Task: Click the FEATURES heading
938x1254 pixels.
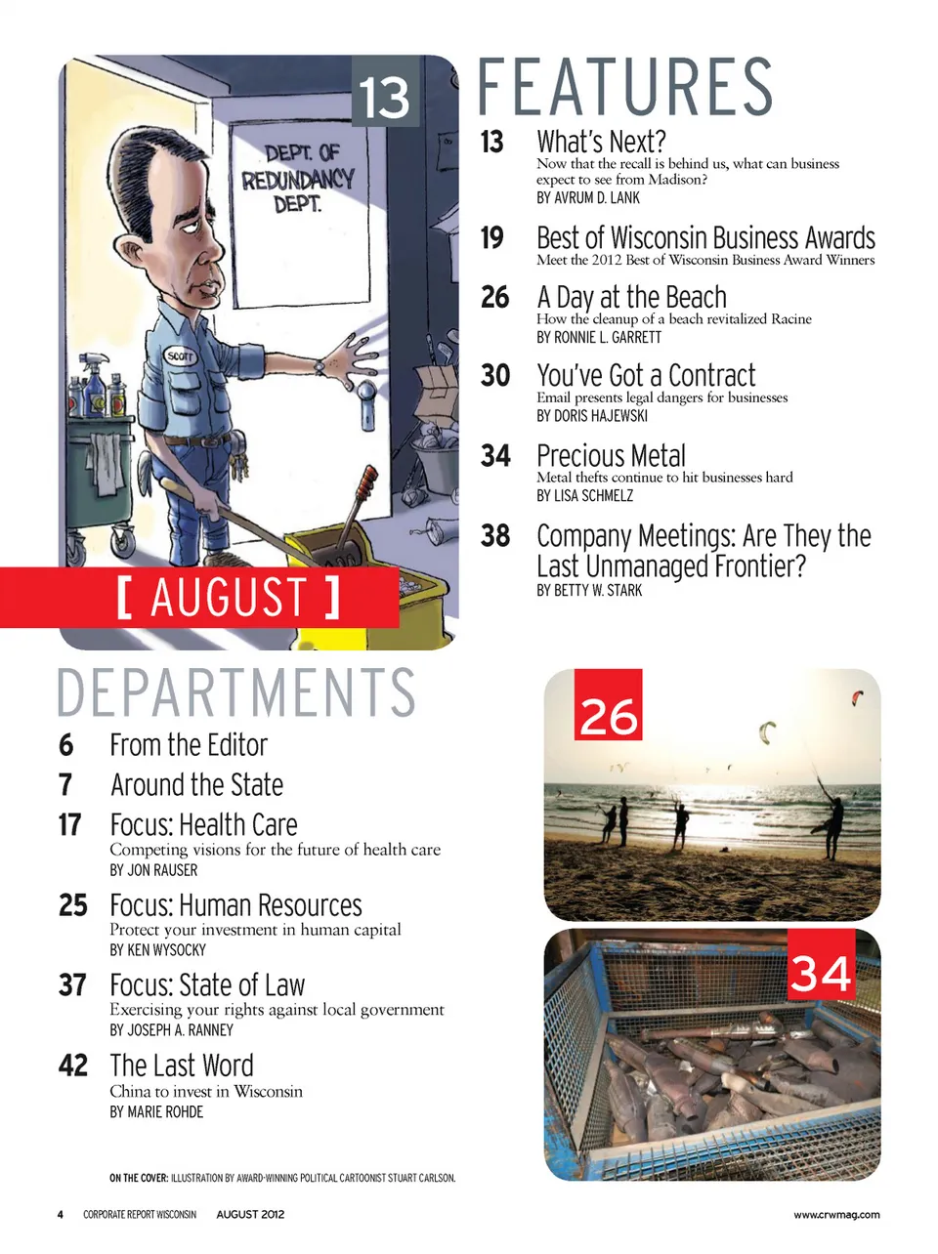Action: (625, 87)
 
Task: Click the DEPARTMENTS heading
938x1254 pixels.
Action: (236, 692)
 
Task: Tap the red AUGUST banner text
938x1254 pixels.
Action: (228, 598)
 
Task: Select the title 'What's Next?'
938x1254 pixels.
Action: (601, 142)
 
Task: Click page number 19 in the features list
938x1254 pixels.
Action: (492, 237)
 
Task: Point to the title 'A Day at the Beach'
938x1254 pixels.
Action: (631, 297)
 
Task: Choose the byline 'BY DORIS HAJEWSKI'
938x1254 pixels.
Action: (591, 416)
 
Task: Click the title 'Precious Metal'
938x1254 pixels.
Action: (611, 456)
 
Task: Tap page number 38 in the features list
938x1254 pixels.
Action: (495, 535)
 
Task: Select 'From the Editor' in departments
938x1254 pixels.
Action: (189, 745)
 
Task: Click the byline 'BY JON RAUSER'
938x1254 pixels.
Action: (153, 870)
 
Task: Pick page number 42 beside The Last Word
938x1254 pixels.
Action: (73, 1065)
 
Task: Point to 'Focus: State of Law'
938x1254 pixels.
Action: (207, 984)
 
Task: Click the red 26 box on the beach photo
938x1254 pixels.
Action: (608, 704)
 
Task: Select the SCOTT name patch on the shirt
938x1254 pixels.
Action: (180, 356)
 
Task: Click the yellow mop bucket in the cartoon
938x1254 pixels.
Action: (362, 586)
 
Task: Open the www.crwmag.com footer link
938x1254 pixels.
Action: (836, 1215)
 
